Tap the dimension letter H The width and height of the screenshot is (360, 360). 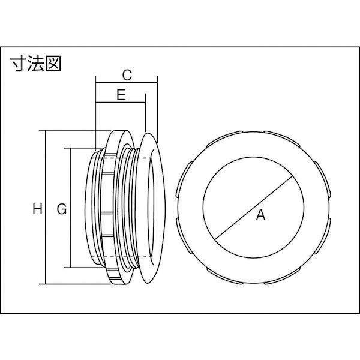point(37,209)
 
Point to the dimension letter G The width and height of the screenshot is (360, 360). point(60,209)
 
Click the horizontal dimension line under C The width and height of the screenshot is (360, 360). point(126,84)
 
